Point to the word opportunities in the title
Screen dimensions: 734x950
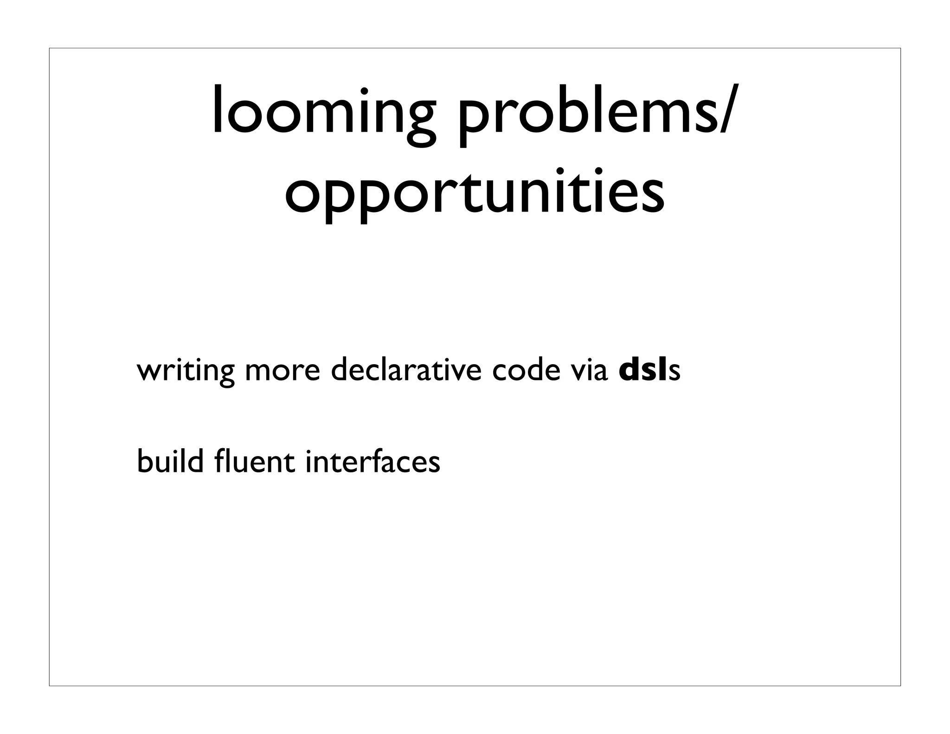pos(474,191)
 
